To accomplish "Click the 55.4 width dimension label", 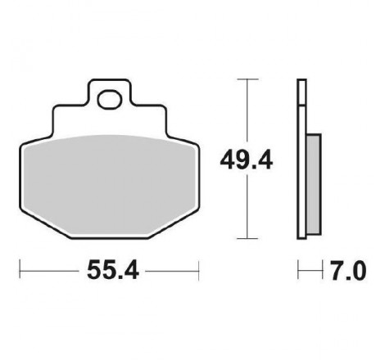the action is tap(113, 270).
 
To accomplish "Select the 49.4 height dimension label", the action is tap(247, 161).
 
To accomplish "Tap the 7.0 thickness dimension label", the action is tap(348, 271).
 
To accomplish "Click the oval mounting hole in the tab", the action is tap(110, 100).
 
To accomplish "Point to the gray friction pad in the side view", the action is tap(314, 184).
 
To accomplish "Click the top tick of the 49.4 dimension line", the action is tap(247, 79).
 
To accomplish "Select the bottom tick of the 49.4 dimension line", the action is tap(247, 238).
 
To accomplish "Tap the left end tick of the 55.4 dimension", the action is tap(20, 271).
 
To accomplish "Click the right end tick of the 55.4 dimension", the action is tap(198, 271).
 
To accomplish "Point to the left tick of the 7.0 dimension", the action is tap(298, 270).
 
